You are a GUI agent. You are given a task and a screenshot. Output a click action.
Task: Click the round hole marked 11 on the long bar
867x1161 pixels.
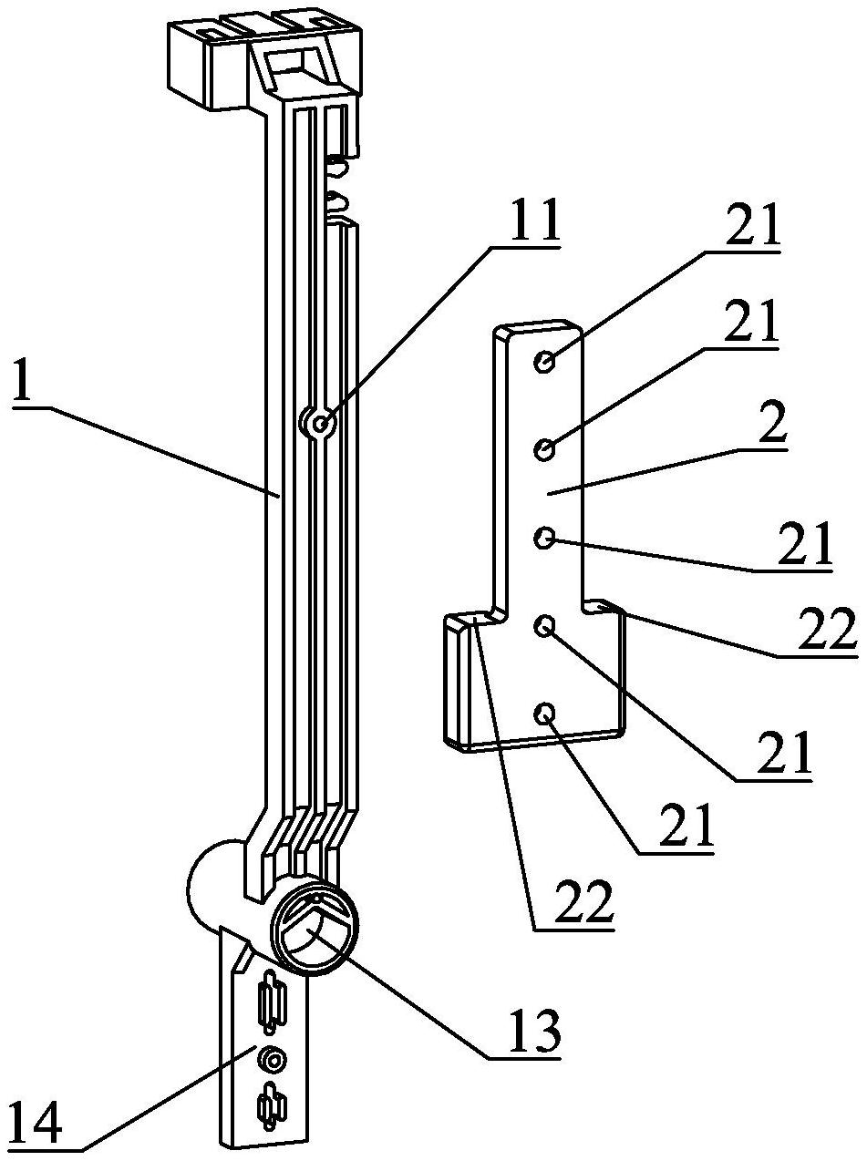pyautogui.click(x=319, y=423)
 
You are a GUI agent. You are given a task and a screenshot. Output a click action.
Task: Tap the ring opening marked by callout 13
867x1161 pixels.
pyautogui.click(x=315, y=935)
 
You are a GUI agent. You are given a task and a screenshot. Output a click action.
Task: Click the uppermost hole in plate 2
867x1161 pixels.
pyautogui.click(x=543, y=363)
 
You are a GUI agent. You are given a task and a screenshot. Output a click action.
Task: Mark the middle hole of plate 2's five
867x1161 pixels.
pyautogui.click(x=543, y=539)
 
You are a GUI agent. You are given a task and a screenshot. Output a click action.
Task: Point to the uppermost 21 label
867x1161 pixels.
pyautogui.click(x=752, y=224)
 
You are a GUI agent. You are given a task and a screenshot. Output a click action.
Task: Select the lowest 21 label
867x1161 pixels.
pyautogui.click(x=685, y=825)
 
